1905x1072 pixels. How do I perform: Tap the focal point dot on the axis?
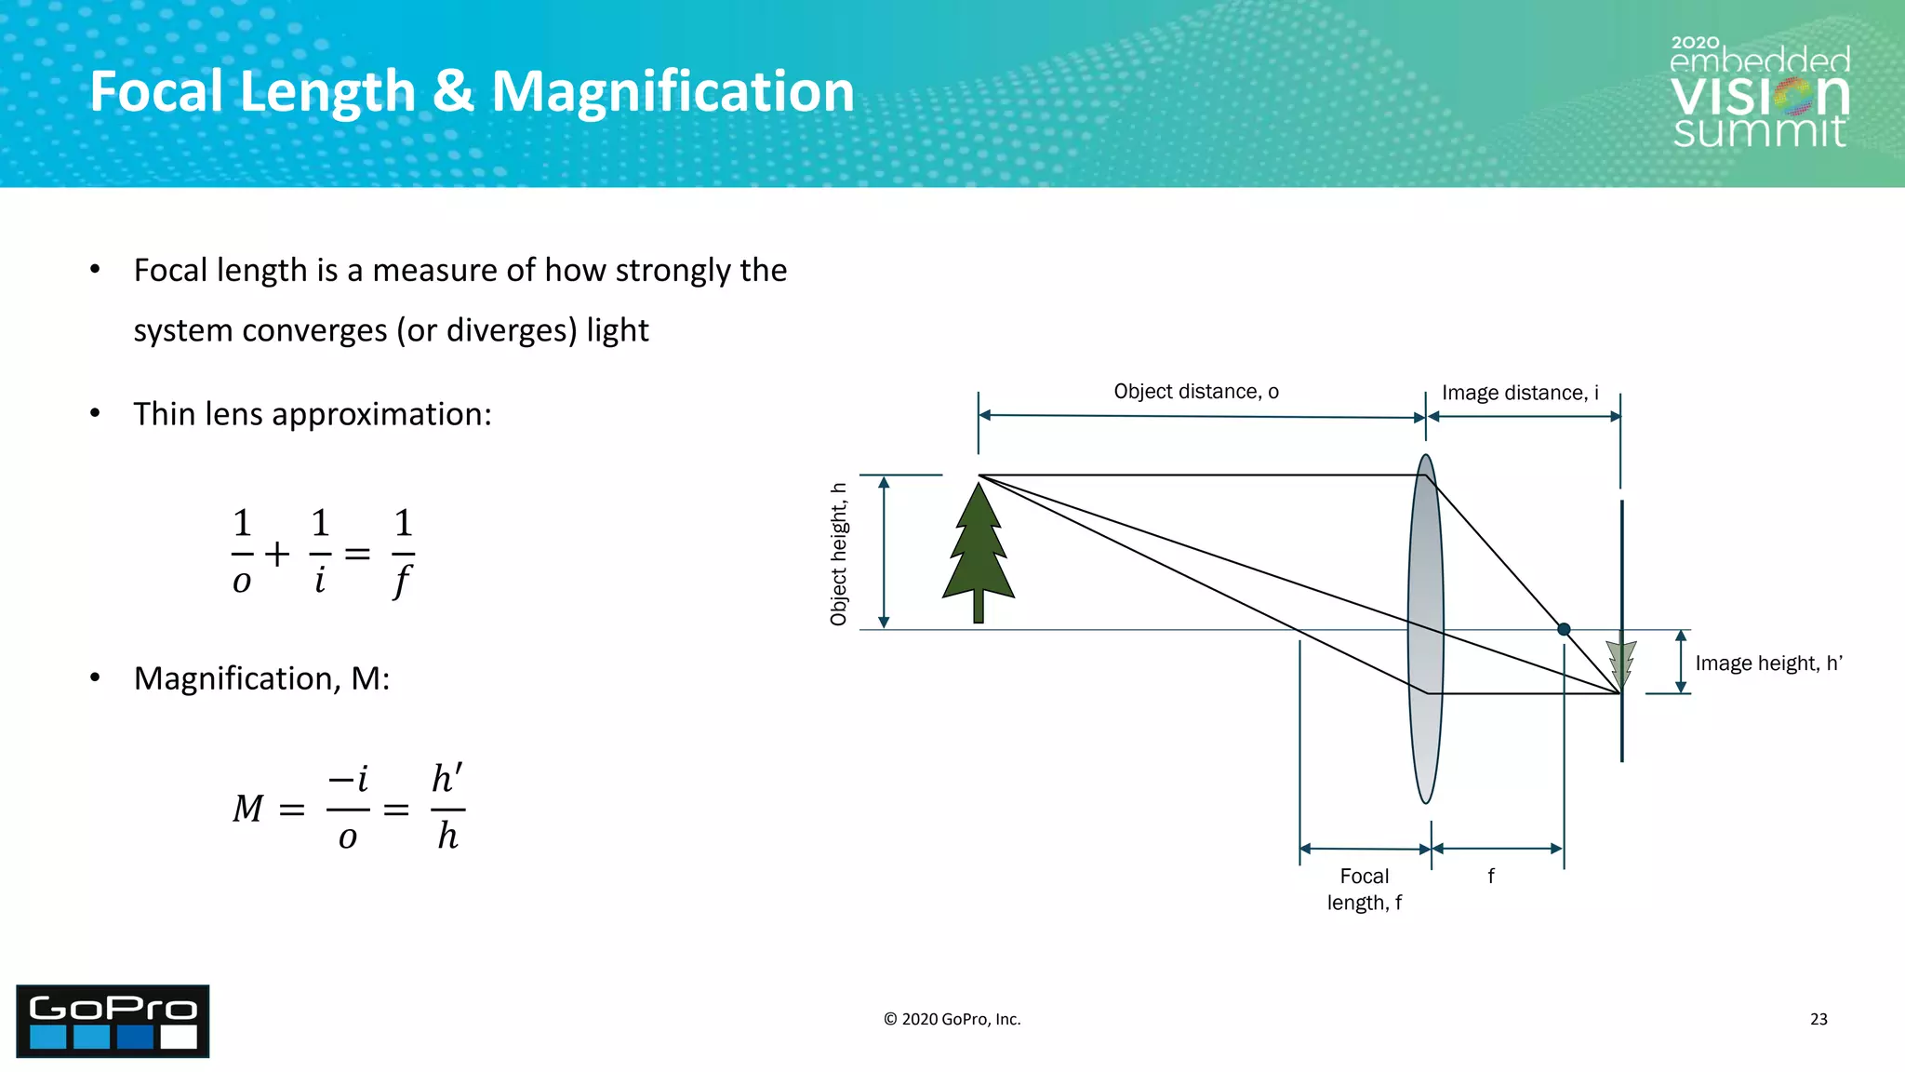(x=1564, y=630)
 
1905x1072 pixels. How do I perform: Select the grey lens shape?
(x=1425, y=726)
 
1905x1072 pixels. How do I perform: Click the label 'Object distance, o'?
(x=1196, y=392)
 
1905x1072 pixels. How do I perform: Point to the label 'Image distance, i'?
(x=1520, y=393)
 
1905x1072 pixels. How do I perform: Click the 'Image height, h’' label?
(x=1768, y=663)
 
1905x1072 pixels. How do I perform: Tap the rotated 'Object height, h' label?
(x=839, y=554)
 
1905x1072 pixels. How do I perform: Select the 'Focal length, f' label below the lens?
(x=1365, y=889)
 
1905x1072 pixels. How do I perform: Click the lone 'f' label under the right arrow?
(x=1491, y=876)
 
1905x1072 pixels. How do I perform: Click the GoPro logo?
(x=113, y=1021)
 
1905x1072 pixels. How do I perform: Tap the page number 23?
(x=1818, y=1019)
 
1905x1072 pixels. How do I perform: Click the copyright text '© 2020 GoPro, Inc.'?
(x=952, y=1019)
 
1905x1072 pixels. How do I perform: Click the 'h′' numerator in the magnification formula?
(x=447, y=779)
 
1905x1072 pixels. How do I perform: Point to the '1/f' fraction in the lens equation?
(x=403, y=553)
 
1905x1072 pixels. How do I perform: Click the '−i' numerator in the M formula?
(x=348, y=779)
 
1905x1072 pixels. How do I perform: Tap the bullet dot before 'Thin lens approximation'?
(x=95, y=414)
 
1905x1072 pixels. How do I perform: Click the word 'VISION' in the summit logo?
(x=1759, y=95)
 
